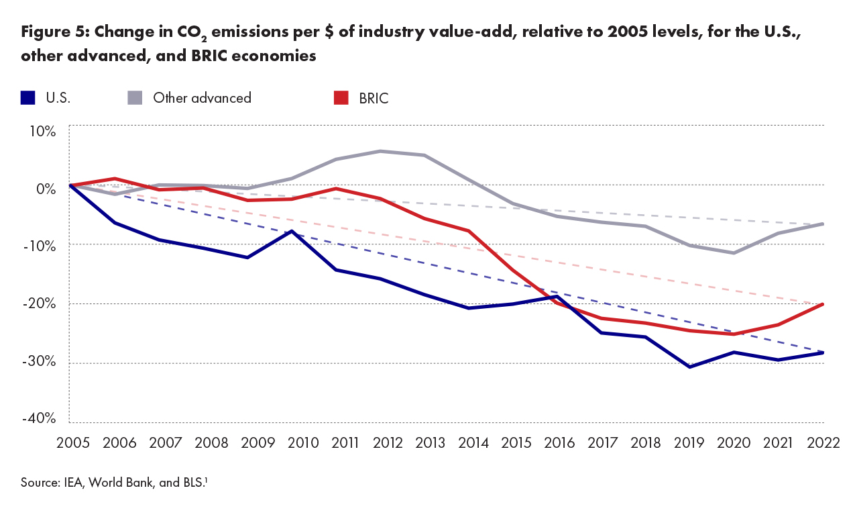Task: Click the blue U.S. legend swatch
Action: click(27, 97)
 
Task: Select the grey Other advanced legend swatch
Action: click(135, 97)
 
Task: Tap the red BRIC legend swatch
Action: click(341, 97)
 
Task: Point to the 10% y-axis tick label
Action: click(42, 130)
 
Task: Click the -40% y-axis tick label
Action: click(39, 419)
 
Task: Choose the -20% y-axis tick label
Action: click(39, 303)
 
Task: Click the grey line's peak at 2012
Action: click(380, 151)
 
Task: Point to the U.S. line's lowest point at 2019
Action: click(690, 367)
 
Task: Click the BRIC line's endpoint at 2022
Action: click(823, 304)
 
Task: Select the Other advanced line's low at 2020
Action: click(734, 253)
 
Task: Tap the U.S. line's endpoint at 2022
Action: click(823, 352)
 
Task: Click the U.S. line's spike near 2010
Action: click(292, 231)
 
